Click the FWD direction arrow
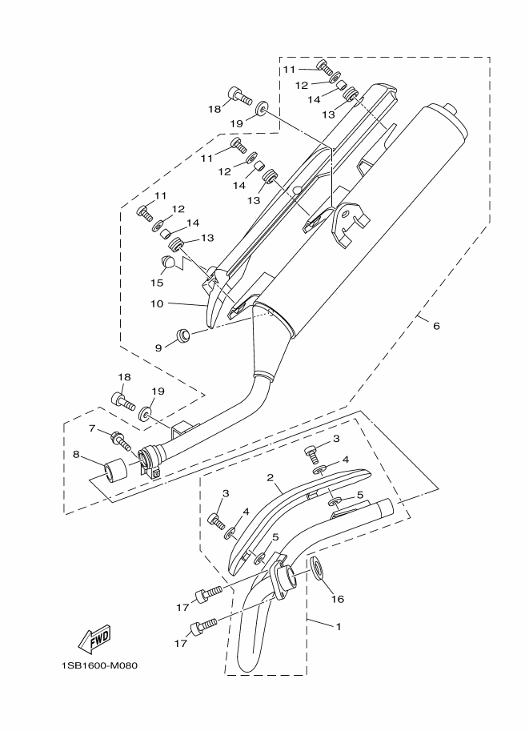pos(93,638)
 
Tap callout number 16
pos(337,598)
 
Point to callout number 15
pos(157,282)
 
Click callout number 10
pos(156,304)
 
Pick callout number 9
pos(158,347)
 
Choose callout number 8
pos(76,455)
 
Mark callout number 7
pos(93,428)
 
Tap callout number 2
pos(271,477)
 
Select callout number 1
pos(338,626)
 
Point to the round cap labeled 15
pos(169,262)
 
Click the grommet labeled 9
pos(182,332)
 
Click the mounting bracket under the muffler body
pos(351,222)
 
